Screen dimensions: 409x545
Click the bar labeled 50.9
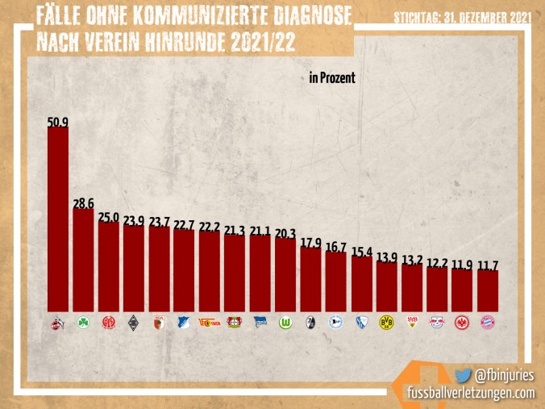(x=57, y=218)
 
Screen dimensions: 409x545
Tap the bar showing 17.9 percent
(x=310, y=278)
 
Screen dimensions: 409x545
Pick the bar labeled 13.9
(x=387, y=286)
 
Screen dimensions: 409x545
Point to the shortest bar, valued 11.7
(x=488, y=290)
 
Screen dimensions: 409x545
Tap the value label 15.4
(x=362, y=252)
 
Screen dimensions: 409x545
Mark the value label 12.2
(x=437, y=263)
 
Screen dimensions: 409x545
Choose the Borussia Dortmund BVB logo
(x=386, y=322)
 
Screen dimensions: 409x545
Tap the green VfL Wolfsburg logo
(x=285, y=322)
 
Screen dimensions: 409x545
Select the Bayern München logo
(x=488, y=322)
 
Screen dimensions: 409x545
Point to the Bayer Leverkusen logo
(x=234, y=322)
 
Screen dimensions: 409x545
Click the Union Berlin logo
(x=209, y=322)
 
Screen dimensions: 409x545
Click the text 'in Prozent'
(x=331, y=78)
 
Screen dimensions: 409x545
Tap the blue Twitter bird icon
(x=462, y=375)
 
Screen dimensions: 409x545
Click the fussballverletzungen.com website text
(x=470, y=392)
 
